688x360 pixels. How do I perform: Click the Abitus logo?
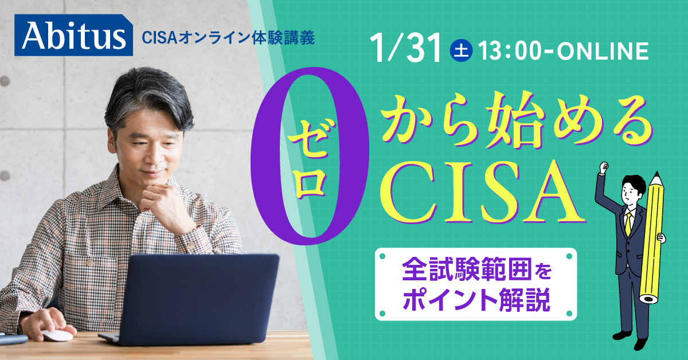pyautogui.click(x=75, y=35)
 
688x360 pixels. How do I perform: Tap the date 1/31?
pyautogui.click(x=407, y=49)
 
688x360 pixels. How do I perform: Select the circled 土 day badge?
pyautogui.click(x=461, y=51)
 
